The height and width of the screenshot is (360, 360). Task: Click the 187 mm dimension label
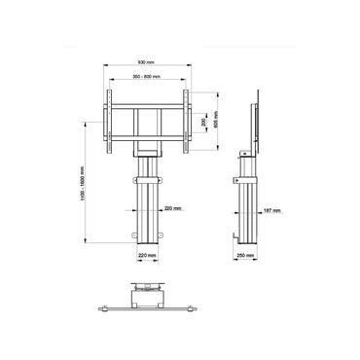271,208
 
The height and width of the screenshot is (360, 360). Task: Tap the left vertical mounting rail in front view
108,122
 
